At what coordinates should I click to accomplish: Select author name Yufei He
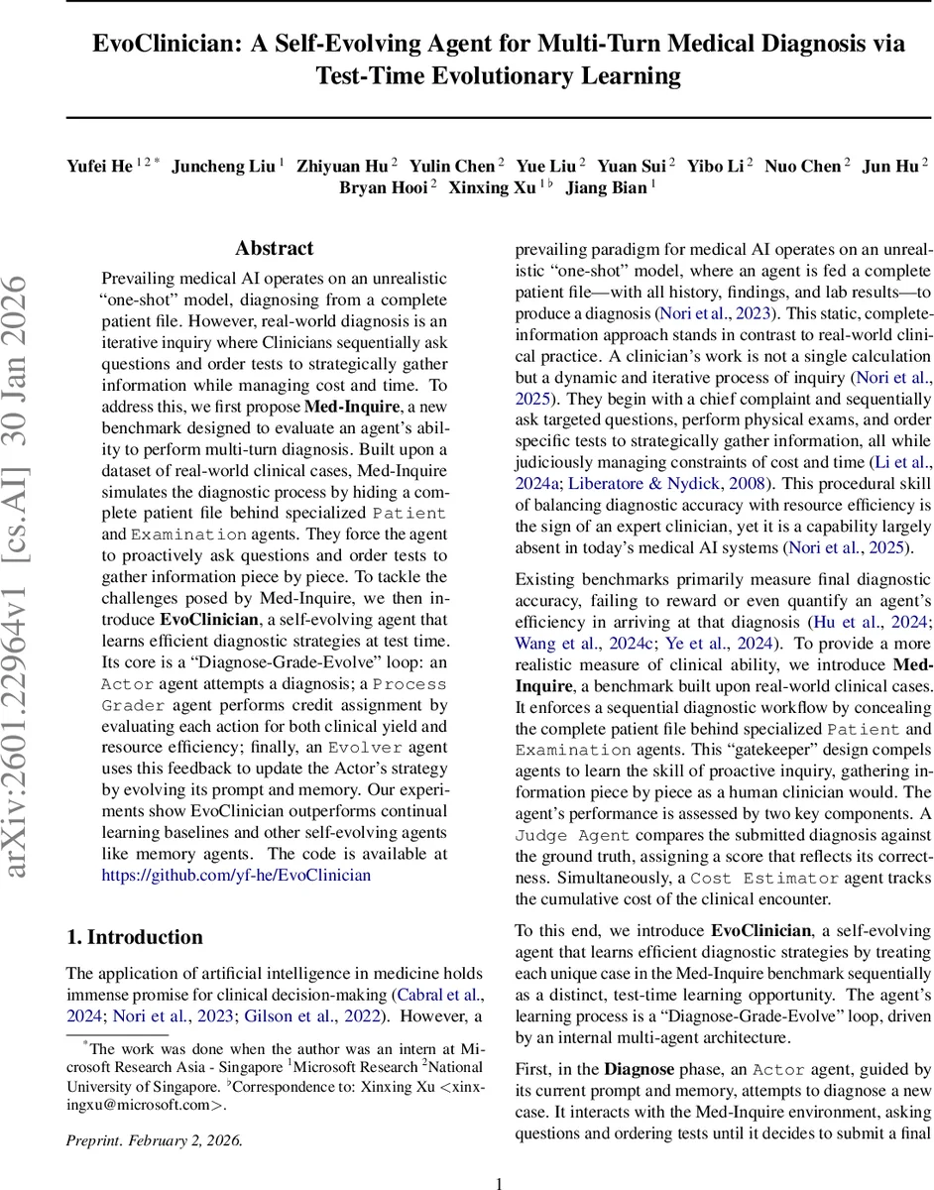tap(99, 165)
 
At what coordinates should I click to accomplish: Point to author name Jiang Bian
tap(605, 186)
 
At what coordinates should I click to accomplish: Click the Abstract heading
tap(274, 248)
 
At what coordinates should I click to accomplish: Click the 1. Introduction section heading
tap(134, 937)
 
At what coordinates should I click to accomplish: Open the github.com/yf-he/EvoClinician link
tap(236, 875)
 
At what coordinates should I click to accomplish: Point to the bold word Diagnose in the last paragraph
tap(641, 1069)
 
